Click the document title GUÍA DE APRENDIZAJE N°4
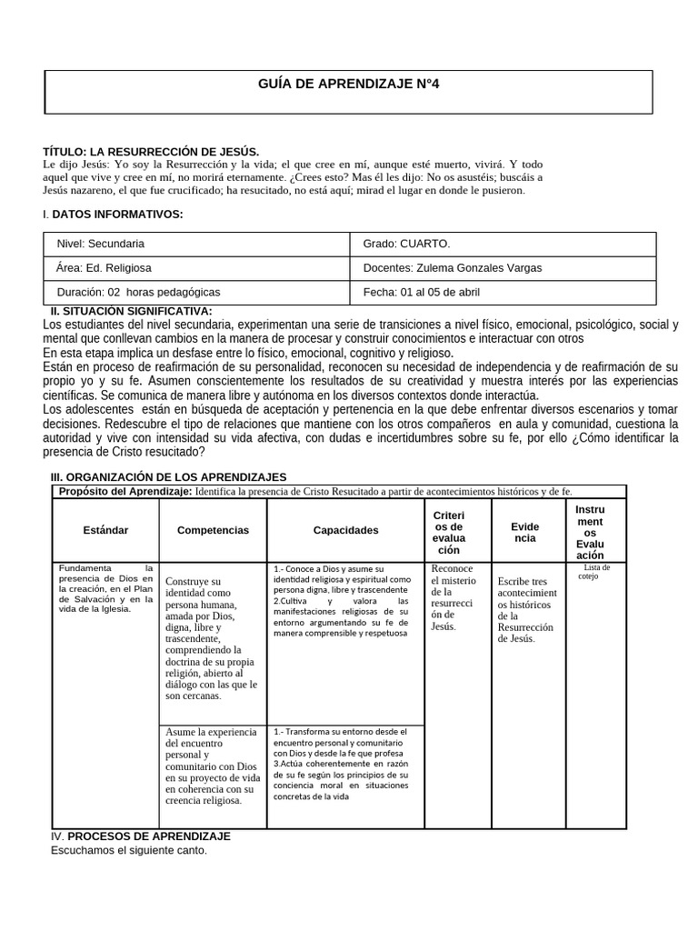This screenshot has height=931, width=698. coord(349,84)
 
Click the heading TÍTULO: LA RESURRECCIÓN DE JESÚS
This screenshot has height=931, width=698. coord(151,151)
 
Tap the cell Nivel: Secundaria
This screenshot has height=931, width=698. coord(100,244)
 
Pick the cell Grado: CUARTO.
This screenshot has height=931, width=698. coord(406,244)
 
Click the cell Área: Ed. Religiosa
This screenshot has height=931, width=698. coord(104,268)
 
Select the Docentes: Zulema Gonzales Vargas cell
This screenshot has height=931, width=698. coord(452,268)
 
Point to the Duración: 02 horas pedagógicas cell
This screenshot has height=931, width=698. coord(138,293)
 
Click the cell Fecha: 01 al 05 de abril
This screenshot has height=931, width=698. coord(421,293)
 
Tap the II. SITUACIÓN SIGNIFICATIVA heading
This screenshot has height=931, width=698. coord(131,312)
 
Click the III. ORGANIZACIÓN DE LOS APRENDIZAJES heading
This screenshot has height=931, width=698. coord(168,477)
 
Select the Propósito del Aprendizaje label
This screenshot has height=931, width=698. coord(125,492)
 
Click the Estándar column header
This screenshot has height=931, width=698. coord(105,530)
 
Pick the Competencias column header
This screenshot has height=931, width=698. coord(213,530)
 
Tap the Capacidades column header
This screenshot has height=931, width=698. coord(345,530)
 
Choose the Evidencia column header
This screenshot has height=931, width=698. coord(524,533)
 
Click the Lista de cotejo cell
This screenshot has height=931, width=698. coord(596,572)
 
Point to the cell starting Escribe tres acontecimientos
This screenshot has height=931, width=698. coord(524,609)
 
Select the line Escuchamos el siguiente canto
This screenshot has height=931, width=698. coord(128,851)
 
